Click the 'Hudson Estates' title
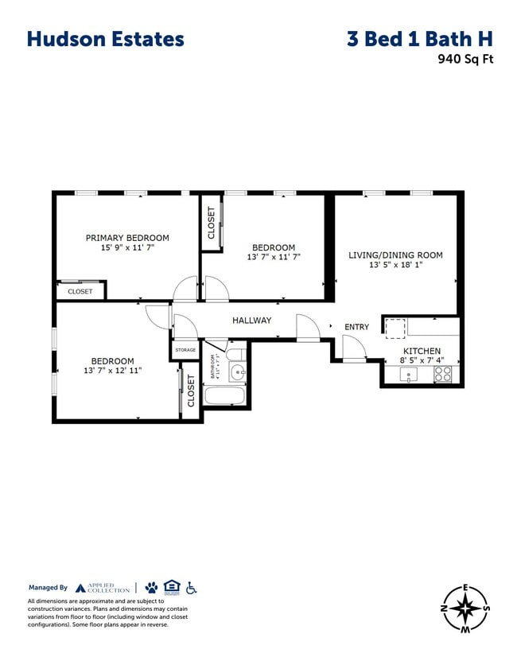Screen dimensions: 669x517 click(x=105, y=39)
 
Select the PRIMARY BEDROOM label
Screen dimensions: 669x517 click(x=127, y=238)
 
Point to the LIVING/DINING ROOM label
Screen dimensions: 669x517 click(x=395, y=255)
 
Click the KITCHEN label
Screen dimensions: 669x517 click(x=422, y=351)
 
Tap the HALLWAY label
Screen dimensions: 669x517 click(x=251, y=321)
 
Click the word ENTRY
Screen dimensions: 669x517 click(x=356, y=327)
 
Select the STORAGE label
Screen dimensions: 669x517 click(x=185, y=350)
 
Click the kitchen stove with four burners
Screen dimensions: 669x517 click(x=443, y=374)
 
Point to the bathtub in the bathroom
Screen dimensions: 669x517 click(x=226, y=395)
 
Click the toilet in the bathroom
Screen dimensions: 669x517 click(x=236, y=355)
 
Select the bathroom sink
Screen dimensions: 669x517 click(x=236, y=372)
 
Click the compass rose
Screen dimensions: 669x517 click(x=465, y=609)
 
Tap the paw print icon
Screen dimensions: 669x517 click(x=151, y=588)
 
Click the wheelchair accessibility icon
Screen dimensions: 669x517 click(x=191, y=588)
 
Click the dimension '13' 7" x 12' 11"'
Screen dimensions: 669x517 click(x=112, y=371)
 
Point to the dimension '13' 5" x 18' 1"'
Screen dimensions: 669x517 click(x=395, y=266)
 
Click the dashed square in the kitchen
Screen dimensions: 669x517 click(x=395, y=327)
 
